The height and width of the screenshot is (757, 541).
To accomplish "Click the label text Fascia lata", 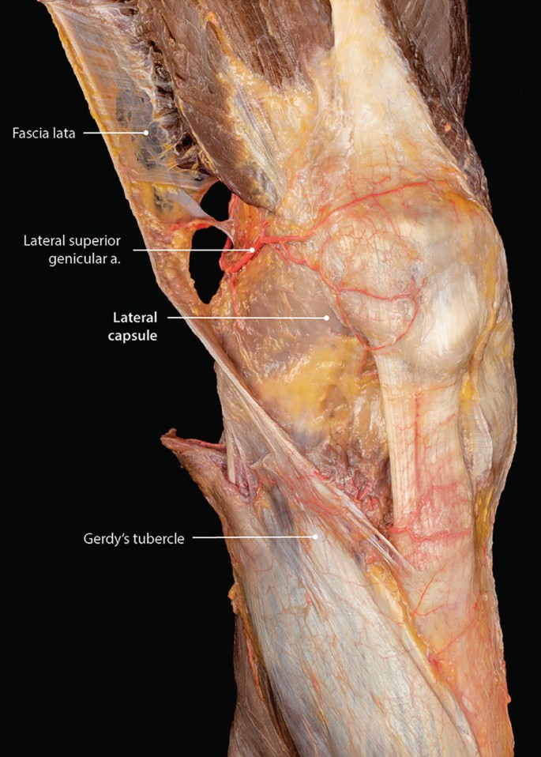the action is (43, 134).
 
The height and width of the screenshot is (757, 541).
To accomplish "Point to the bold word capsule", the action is (134, 334).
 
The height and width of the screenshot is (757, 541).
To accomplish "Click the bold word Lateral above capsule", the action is (135, 318).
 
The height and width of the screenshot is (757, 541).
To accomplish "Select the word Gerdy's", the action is (108, 539).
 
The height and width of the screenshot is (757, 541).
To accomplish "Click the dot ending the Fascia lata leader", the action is (146, 133).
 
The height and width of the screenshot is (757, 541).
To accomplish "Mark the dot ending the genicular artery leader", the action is (253, 250).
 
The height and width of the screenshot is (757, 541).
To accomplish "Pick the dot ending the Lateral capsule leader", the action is (327, 318).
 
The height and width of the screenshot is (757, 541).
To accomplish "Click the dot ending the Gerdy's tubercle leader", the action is (315, 538).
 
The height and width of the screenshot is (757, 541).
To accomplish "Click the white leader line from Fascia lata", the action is (115, 133).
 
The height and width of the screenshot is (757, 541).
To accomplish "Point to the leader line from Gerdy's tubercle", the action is (253, 538).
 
